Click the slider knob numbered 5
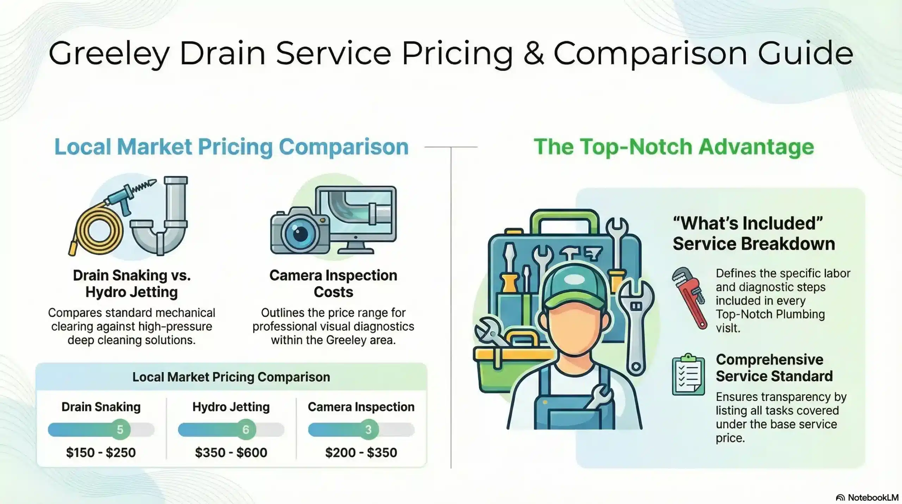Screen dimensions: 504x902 [x=120, y=429]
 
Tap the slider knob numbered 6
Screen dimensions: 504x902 [x=246, y=429]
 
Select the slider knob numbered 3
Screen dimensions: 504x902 [x=368, y=429]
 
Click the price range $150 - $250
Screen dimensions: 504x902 [x=101, y=453]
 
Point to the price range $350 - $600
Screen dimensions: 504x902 [x=231, y=453]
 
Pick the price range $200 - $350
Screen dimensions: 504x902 [x=361, y=453]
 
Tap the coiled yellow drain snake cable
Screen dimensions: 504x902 [x=96, y=230]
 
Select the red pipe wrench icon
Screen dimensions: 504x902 [x=689, y=298]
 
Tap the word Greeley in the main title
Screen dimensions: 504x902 [x=109, y=54]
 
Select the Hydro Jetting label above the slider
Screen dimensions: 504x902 [x=231, y=407]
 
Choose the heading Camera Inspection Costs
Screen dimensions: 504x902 [x=333, y=283]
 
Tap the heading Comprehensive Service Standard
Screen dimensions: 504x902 [x=774, y=368]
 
